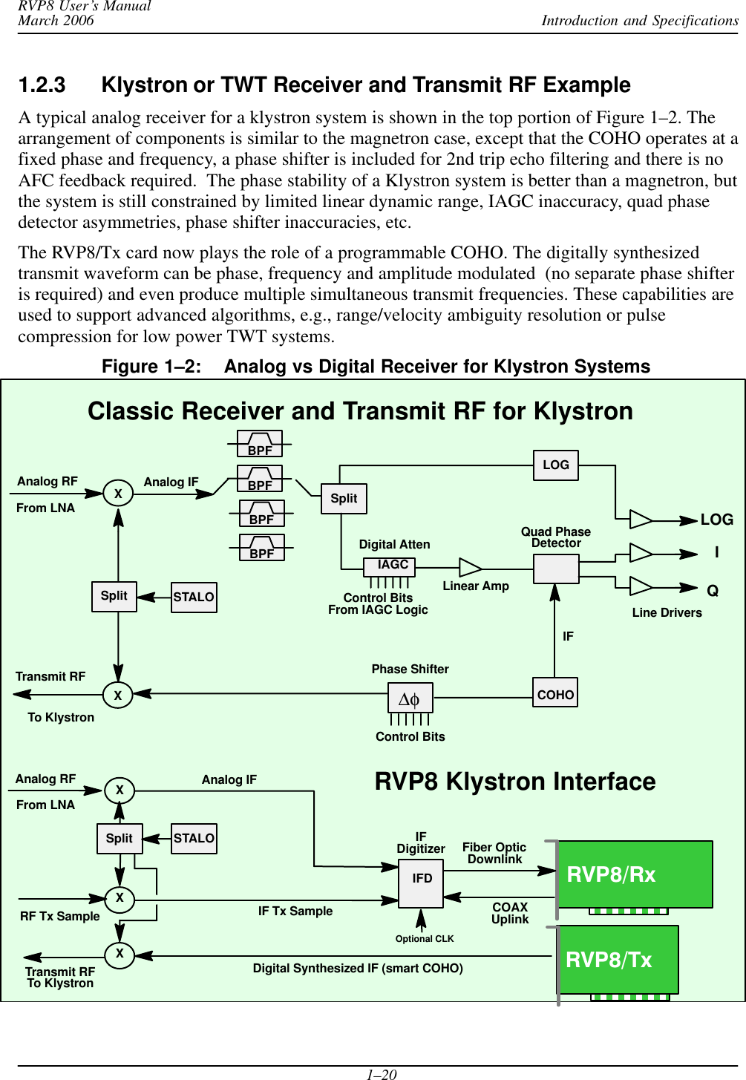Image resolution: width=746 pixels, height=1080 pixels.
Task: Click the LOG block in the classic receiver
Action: pyautogui.click(x=556, y=465)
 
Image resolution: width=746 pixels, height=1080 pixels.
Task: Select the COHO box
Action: pyautogui.click(x=555, y=693)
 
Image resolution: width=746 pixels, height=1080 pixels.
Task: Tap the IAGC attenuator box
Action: pyautogui.click(x=389, y=566)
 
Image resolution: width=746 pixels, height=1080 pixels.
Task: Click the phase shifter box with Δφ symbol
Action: pyautogui.click(x=410, y=698)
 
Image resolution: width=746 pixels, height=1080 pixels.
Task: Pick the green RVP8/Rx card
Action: pyautogui.click(x=635, y=874)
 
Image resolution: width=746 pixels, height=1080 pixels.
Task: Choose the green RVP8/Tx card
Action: pyautogui.click(x=618, y=960)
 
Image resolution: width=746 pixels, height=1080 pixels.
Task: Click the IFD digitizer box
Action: pyautogui.click(x=421, y=883)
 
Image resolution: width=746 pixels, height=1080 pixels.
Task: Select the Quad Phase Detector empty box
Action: pyautogui.click(x=556, y=569)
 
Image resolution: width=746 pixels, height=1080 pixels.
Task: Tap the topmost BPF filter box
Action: pyautogui.click(x=260, y=444)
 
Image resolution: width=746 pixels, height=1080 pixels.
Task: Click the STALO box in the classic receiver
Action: pyautogui.click(x=194, y=597)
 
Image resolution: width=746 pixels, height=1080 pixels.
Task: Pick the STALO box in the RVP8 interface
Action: pyautogui.click(x=194, y=839)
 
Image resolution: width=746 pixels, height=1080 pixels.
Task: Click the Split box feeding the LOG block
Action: pyautogui.click(x=344, y=498)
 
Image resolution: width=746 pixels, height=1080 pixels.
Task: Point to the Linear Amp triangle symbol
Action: pyautogui.click(x=469, y=568)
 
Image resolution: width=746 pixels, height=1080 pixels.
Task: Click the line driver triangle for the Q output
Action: pyautogui.click(x=640, y=586)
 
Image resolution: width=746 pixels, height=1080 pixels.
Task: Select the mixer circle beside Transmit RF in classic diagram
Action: pyautogui.click(x=118, y=695)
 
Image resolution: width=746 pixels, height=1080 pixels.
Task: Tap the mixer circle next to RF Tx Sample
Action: pyautogui.click(x=120, y=898)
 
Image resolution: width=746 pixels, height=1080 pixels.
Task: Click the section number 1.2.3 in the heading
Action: pyautogui.click(x=42, y=85)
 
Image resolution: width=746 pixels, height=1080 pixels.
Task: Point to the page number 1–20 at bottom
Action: pyautogui.click(x=382, y=1073)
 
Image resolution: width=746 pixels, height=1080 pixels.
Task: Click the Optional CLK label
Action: pyautogui.click(x=425, y=939)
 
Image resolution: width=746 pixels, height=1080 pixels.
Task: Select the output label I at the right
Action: pyautogui.click(x=716, y=553)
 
